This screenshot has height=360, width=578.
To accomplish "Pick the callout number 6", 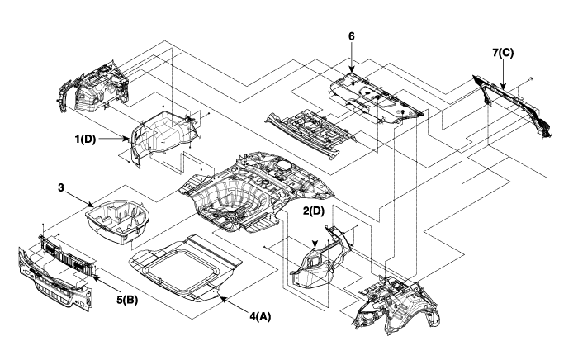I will tap(352, 37).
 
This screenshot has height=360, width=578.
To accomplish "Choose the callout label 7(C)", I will tap(503, 53).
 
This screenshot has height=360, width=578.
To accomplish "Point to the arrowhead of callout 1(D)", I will tap(131, 140).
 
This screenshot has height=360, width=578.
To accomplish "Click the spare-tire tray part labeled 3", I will tap(118, 219).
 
